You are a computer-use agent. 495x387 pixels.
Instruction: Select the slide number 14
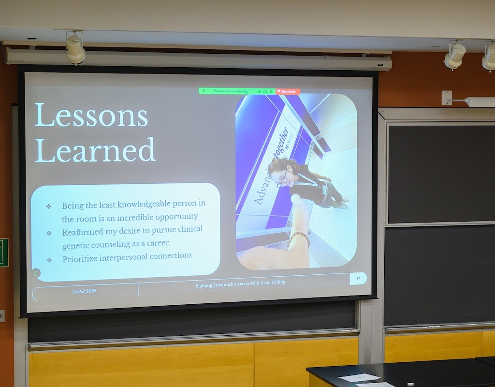[358, 278]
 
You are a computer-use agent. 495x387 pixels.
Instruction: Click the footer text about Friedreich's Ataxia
[240, 284]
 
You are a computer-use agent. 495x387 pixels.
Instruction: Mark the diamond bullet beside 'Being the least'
[48, 206]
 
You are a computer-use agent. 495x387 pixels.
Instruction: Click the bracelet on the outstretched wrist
[299, 237]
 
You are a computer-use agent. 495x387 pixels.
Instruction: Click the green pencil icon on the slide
[36, 273]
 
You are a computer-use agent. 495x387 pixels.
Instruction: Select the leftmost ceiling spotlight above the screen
[75, 49]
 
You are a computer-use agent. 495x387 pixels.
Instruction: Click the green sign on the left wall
[4, 253]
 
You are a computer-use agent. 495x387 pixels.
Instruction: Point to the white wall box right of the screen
[447, 98]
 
